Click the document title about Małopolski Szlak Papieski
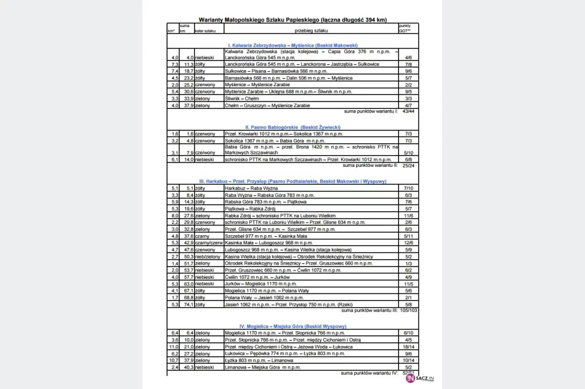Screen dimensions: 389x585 click(x=292, y=20)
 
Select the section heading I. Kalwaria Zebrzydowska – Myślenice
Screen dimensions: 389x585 click(x=292, y=46)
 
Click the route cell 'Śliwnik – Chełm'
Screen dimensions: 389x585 click(x=242, y=98)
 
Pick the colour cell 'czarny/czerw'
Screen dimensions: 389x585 click(x=208, y=243)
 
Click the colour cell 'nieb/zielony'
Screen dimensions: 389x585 click(x=208, y=256)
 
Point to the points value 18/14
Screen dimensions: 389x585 click(x=408, y=347)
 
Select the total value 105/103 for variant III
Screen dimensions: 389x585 click(x=408, y=311)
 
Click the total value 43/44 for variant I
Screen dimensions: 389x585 click(x=408, y=111)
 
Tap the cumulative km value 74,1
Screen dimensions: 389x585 click(x=187, y=304)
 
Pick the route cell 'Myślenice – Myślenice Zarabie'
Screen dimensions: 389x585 click(x=257, y=84)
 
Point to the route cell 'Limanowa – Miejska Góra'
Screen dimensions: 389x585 click(x=263, y=367)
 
